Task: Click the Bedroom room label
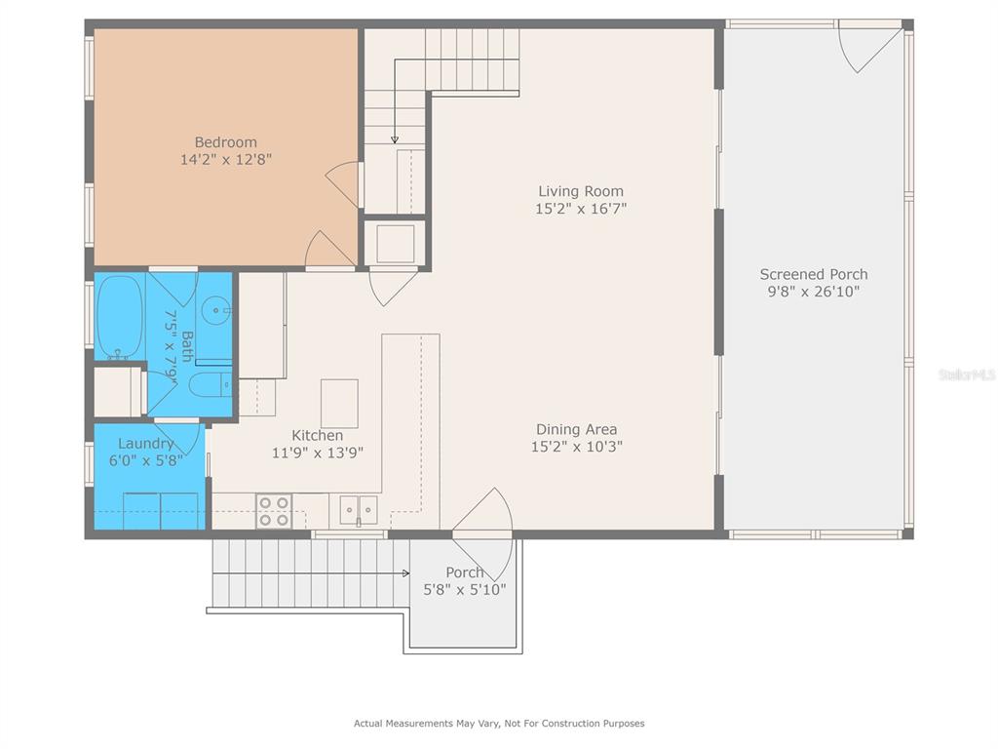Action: tap(226, 142)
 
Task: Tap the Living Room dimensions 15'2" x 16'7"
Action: tap(581, 209)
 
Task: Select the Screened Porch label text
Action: tap(814, 274)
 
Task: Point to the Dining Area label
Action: tap(577, 429)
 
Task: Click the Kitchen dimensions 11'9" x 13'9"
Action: tap(318, 453)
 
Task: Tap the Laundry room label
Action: tap(146, 444)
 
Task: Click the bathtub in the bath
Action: tap(119, 317)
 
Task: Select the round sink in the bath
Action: tap(215, 311)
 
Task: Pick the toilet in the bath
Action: tap(211, 384)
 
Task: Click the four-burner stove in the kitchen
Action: tap(274, 511)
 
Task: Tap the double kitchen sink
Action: tap(359, 510)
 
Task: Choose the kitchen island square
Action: tap(339, 404)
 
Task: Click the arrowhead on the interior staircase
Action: tap(395, 139)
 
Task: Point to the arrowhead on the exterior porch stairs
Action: tap(406, 573)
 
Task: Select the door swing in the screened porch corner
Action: tap(864, 48)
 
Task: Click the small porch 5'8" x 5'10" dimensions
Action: tap(465, 590)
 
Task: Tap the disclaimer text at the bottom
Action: tap(499, 723)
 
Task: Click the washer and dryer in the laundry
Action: tap(161, 511)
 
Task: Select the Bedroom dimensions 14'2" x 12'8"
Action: tap(226, 159)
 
